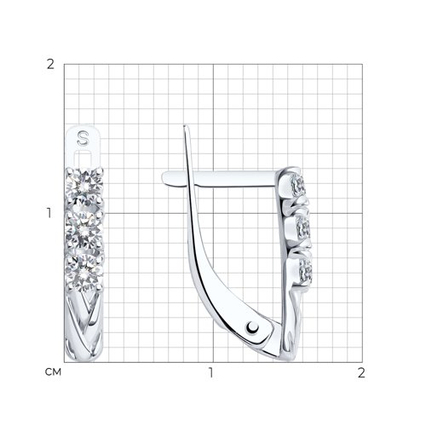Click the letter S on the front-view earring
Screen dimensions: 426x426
(x=83, y=138)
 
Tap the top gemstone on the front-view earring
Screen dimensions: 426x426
(x=84, y=186)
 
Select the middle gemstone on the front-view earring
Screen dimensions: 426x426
(x=84, y=230)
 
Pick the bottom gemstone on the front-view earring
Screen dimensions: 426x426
(x=84, y=273)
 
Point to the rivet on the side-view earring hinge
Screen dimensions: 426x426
(x=252, y=328)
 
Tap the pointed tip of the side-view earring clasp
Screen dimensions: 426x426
(x=185, y=126)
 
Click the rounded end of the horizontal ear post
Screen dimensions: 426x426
(x=165, y=178)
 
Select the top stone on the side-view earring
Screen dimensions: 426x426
(x=298, y=184)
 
